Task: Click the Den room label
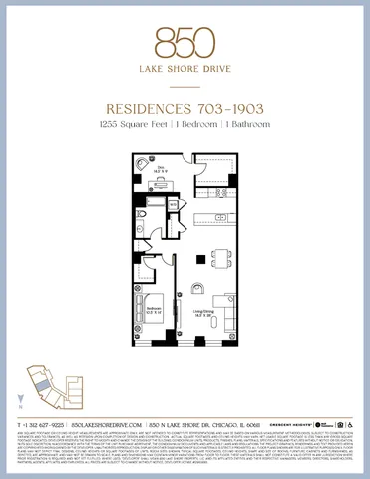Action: point(157,171)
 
